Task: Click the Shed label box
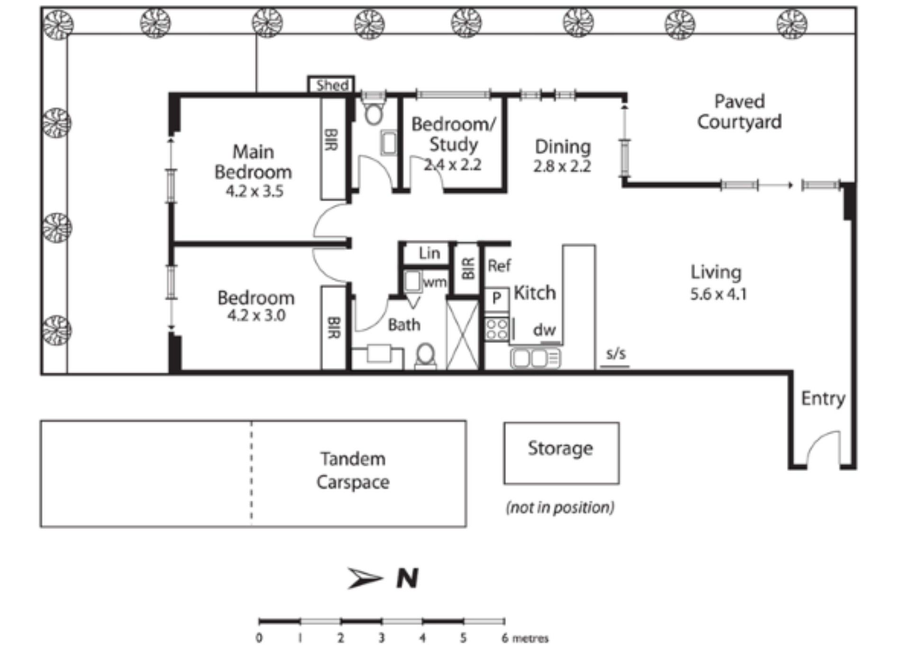click(331, 85)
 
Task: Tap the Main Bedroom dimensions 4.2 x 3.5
click(255, 191)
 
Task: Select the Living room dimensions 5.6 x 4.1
click(719, 294)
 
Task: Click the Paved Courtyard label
click(739, 112)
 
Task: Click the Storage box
click(561, 453)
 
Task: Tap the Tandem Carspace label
click(353, 470)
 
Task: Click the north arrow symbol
click(364, 577)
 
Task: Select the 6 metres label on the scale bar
click(525, 638)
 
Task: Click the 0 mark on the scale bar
click(259, 638)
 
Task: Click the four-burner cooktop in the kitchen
click(496, 329)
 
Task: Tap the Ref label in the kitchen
click(499, 265)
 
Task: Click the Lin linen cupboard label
click(429, 253)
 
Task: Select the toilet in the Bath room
click(426, 356)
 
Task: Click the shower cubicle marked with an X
click(463, 335)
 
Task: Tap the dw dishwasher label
click(544, 329)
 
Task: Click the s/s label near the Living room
click(616, 354)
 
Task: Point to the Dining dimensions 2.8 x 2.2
click(562, 166)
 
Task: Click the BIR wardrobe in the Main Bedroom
click(334, 148)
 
